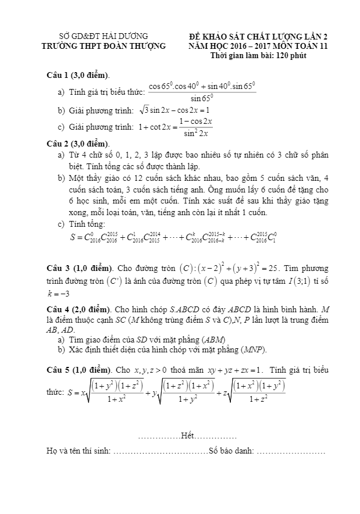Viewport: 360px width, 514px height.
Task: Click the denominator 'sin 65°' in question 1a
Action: click(202, 98)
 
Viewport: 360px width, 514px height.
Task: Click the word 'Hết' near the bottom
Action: click(187, 435)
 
